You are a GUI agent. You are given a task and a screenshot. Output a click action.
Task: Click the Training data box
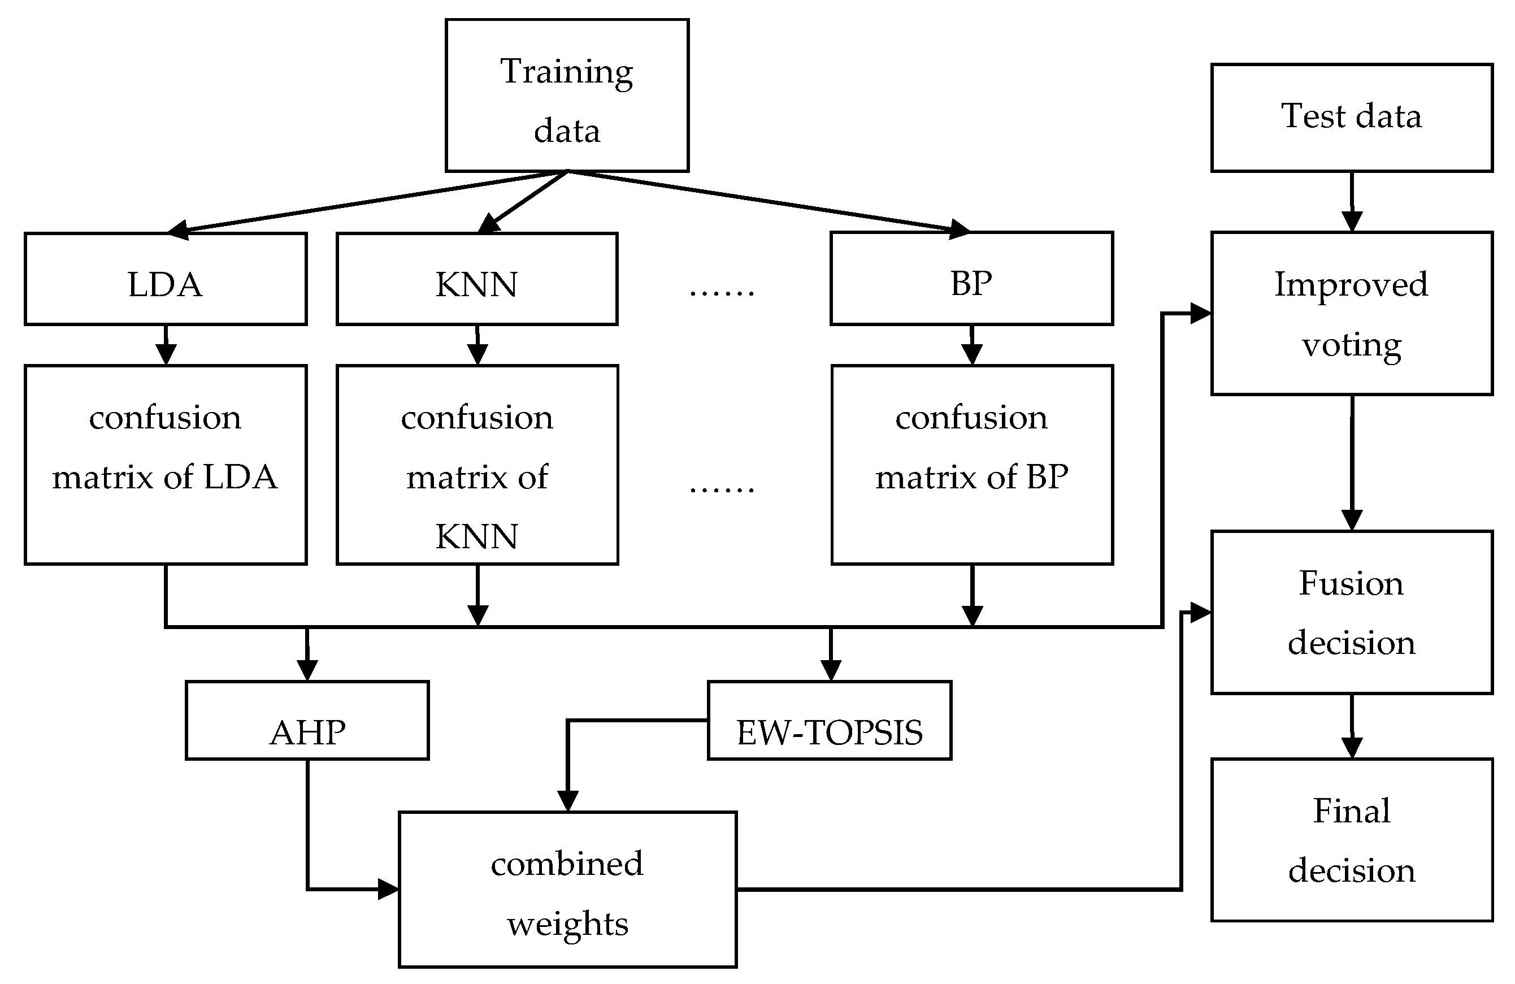pyautogui.click(x=567, y=96)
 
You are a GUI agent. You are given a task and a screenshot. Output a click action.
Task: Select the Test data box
pyautogui.click(x=1351, y=118)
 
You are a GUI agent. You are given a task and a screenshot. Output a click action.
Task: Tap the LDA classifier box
pyautogui.click(x=166, y=279)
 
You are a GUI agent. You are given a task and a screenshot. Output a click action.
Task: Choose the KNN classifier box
pyautogui.click(x=477, y=279)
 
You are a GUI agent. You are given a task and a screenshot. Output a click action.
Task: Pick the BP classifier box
pyautogui.click(x=971, y=279)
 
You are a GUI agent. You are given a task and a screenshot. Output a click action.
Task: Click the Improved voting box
pyautogui.click(x=1351, y=313)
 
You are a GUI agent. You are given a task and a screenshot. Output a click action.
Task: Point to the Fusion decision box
pyautogui.click(x=1351, y=612)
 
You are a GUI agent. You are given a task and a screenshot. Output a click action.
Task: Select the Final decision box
pyautogui.click(x=1351, y=839)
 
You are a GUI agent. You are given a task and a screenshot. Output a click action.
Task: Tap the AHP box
pyautogui.click(x=307, y=720)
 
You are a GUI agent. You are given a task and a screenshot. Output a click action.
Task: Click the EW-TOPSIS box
pyautogui.click(x=830, y=720)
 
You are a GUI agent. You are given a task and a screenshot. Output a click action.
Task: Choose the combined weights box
pyautogui.click(x=567, y=890)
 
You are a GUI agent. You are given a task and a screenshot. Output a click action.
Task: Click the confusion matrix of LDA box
pyautogui.click(x=166, y=465)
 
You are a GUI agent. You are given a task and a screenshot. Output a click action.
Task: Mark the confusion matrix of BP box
pyautogui.click(x=971, y=465)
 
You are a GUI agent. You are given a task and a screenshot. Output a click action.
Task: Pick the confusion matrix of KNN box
pyautogui.click(x=477, y=465)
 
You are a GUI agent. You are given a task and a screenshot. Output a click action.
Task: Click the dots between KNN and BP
pyautogui.click(x=722, y=292)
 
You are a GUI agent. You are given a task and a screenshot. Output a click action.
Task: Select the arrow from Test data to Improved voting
pyautogui.click(x=1351, y=202)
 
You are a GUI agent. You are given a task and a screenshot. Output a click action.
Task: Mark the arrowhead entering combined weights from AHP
pyautogui.click(x=388, y=889)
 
